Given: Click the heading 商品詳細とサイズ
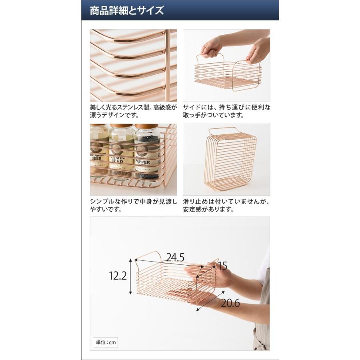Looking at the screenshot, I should (127, 10).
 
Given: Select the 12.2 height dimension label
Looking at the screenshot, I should (118, 276).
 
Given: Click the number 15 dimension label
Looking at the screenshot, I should (222, 266).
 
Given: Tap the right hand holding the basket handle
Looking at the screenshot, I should (258, 50).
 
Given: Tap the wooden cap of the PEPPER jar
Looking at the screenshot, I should (147, 128).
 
